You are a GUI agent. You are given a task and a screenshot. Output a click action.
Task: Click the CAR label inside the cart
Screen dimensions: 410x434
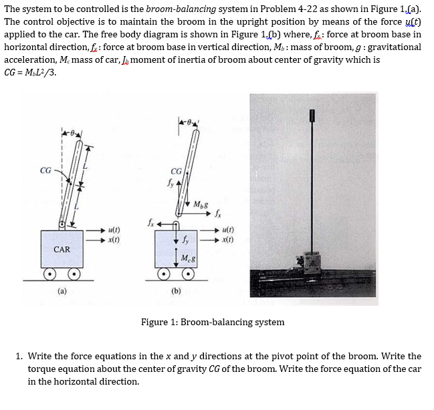click(x=62, y=249)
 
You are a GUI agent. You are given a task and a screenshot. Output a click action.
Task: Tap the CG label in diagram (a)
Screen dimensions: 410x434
click(x=46, y=170)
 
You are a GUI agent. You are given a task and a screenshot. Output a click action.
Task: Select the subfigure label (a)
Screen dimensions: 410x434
click(x=62, y=291)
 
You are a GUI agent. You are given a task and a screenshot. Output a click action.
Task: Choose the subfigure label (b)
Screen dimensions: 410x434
click(x=177, y=291)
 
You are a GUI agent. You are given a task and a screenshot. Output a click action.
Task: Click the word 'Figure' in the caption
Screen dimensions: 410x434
click(x=154, y=323)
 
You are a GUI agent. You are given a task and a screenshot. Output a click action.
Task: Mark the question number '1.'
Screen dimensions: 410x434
click(x=19, y=356)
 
